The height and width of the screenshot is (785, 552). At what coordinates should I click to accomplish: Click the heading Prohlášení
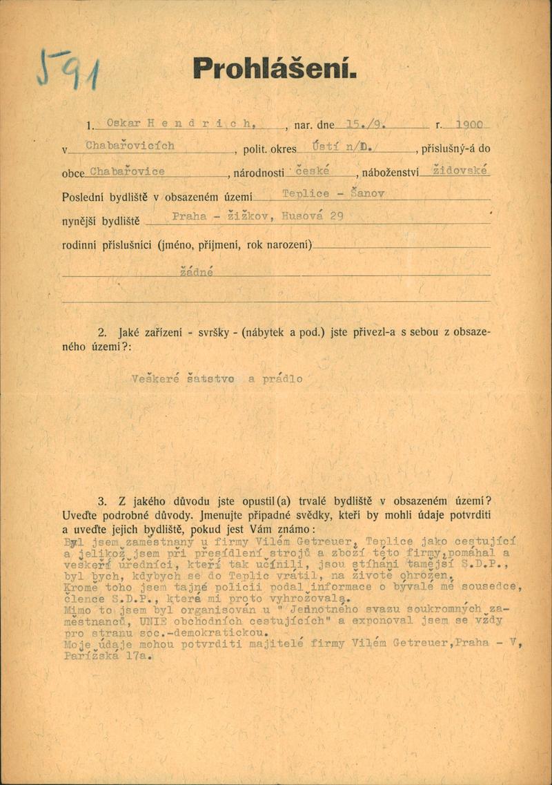(275, 68)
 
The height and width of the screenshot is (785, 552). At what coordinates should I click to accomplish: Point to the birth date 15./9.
(366, 124)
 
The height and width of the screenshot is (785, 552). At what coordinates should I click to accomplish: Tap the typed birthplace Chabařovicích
(130, 146)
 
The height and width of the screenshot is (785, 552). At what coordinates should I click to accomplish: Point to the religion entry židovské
(459, 169)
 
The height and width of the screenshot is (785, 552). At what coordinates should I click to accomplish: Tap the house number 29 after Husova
(337, 217)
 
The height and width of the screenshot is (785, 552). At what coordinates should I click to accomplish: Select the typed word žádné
(197, 272)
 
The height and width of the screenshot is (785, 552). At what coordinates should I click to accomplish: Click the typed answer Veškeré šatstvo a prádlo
(216, 378)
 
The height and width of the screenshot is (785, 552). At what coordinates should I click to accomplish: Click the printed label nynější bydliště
(101, 222)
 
